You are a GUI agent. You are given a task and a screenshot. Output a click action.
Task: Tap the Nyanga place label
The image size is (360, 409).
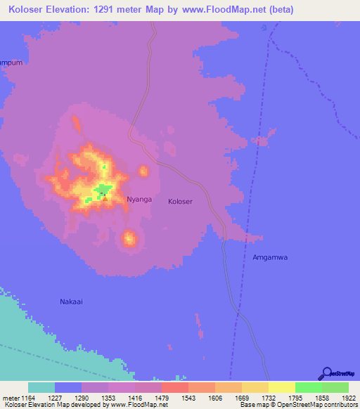tap(139, 200)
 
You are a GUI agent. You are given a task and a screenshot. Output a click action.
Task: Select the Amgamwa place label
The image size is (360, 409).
tap(271, 257)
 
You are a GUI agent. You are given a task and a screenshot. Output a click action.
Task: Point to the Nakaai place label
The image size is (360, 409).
tap(71, 301)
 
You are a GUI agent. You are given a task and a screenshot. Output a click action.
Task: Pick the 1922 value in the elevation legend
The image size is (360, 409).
tap(349, 397)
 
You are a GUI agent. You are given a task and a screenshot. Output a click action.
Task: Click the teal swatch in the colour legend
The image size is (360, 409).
tap(41, 387)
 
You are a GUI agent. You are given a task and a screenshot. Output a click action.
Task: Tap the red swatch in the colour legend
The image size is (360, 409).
tap(174, 387)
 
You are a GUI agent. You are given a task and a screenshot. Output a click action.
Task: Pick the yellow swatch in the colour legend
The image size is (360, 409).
tap(281, 387)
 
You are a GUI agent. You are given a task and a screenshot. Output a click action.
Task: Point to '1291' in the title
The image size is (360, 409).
tap(113, 10)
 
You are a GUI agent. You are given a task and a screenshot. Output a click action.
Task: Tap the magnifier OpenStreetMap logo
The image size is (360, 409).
tap(326, 375)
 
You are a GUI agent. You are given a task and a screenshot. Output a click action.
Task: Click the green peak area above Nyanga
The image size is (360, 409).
tap(104, 188)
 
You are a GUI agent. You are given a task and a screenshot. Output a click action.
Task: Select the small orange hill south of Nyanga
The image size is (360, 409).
tap(129, 239)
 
